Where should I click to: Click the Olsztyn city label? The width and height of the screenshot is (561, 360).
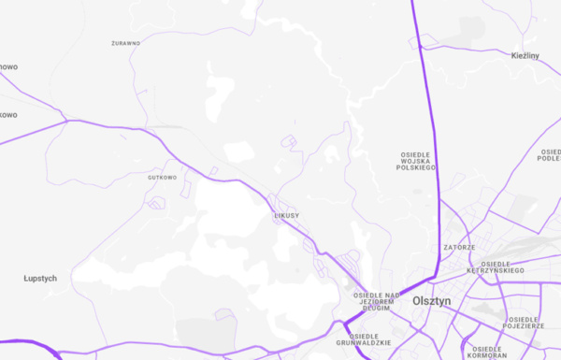point(431,301)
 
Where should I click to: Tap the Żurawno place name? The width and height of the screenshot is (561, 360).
point(125,43)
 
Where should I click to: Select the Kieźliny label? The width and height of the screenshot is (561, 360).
point(525,56)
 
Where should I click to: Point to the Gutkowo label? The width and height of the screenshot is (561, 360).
point(162,177)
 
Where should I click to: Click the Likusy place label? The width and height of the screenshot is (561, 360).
point(285,216)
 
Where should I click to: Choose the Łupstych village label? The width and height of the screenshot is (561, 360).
point(40,279)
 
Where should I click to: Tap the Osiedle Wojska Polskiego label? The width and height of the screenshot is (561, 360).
point(417,160)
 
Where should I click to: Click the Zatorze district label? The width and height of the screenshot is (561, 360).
point(459,247)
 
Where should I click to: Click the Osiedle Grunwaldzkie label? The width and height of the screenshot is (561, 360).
point(370,339)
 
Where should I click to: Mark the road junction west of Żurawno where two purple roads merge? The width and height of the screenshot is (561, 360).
point(66,120)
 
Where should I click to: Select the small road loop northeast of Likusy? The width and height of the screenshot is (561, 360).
point(289,142)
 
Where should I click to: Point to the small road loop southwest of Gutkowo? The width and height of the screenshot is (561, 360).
point(156,202)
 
